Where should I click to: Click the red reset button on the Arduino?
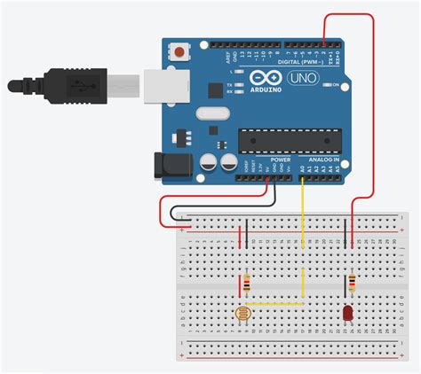tap(181, 52)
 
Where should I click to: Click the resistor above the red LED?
tap(353, 284)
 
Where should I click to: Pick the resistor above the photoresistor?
tap(246, 284)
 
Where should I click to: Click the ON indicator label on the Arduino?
tap(337, 85)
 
